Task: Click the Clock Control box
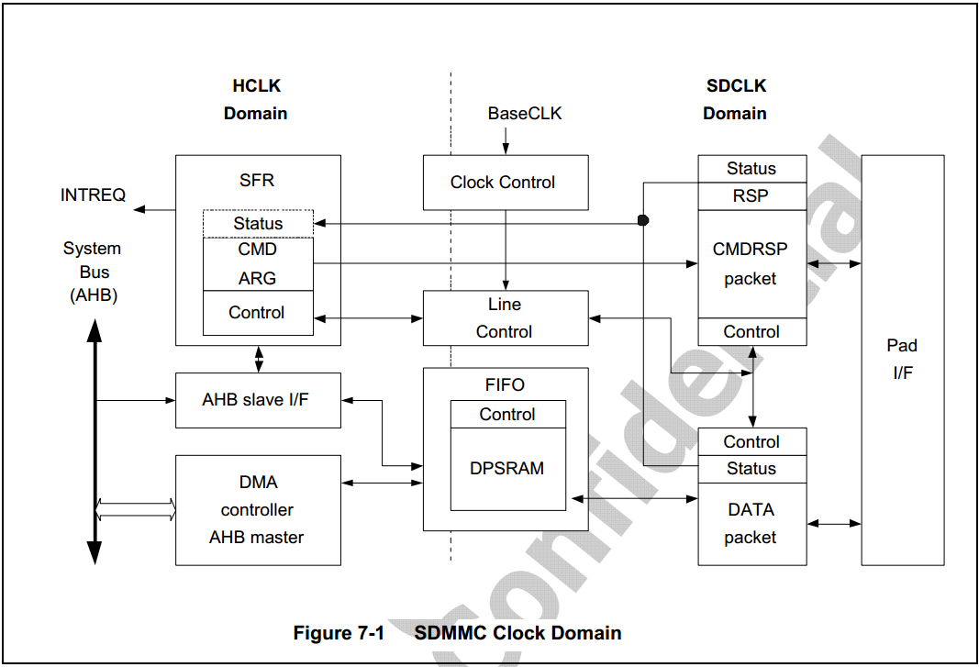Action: [x=504, y=182]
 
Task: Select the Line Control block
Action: [x=505, y=317]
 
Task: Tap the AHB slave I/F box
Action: [x=257, y=400]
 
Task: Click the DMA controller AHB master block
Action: [x=257, y=509]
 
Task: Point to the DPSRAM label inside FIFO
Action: [x=507, y=468]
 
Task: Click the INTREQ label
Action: [x=93, y=195]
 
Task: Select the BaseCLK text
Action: [x=524, y=114]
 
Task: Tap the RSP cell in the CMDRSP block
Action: [x=751, y=195]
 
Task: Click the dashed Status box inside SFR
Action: [x=258, y=223]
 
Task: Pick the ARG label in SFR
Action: [x=258, y=278]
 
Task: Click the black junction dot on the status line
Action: [x=643, y=220]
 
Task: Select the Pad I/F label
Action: [x=902, y=359]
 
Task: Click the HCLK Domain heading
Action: [x=256, y=100]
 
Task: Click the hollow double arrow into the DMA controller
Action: [x=136, y=509]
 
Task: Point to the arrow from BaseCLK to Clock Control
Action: [x=505, y=139]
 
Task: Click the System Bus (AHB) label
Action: [x=93, y=272]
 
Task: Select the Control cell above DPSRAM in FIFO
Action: [x=507, y=415]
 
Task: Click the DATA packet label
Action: [x=751, y=523]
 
